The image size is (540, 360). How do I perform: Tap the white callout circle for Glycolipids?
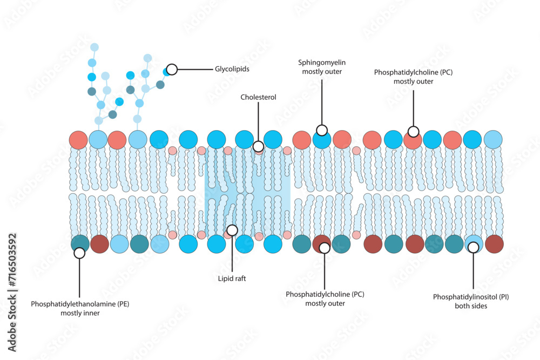tap(172, 69)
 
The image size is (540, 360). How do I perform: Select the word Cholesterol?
tap(258, 97)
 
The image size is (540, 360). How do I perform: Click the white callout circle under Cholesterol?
tap(258, 146)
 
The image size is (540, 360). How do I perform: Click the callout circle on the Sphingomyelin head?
tap(322, 130)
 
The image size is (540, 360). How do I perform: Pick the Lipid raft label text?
tap(232, 279)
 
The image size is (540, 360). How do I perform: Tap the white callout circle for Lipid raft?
tap(232, 230)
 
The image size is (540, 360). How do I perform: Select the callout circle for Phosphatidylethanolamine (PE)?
tap(79, 252)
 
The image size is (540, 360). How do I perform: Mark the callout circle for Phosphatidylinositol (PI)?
tap(474, 247)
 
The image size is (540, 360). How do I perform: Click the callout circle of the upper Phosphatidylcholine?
tap(413, 131)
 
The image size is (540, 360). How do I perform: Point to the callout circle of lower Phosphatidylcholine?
tap(325, 248)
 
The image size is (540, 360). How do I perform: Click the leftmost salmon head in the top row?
tap(78, 139)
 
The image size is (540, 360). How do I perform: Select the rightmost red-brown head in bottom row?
tap(494, 244)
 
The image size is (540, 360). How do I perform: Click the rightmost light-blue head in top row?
tap(493, 139)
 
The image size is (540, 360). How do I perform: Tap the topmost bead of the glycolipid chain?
tap(94, 47)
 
